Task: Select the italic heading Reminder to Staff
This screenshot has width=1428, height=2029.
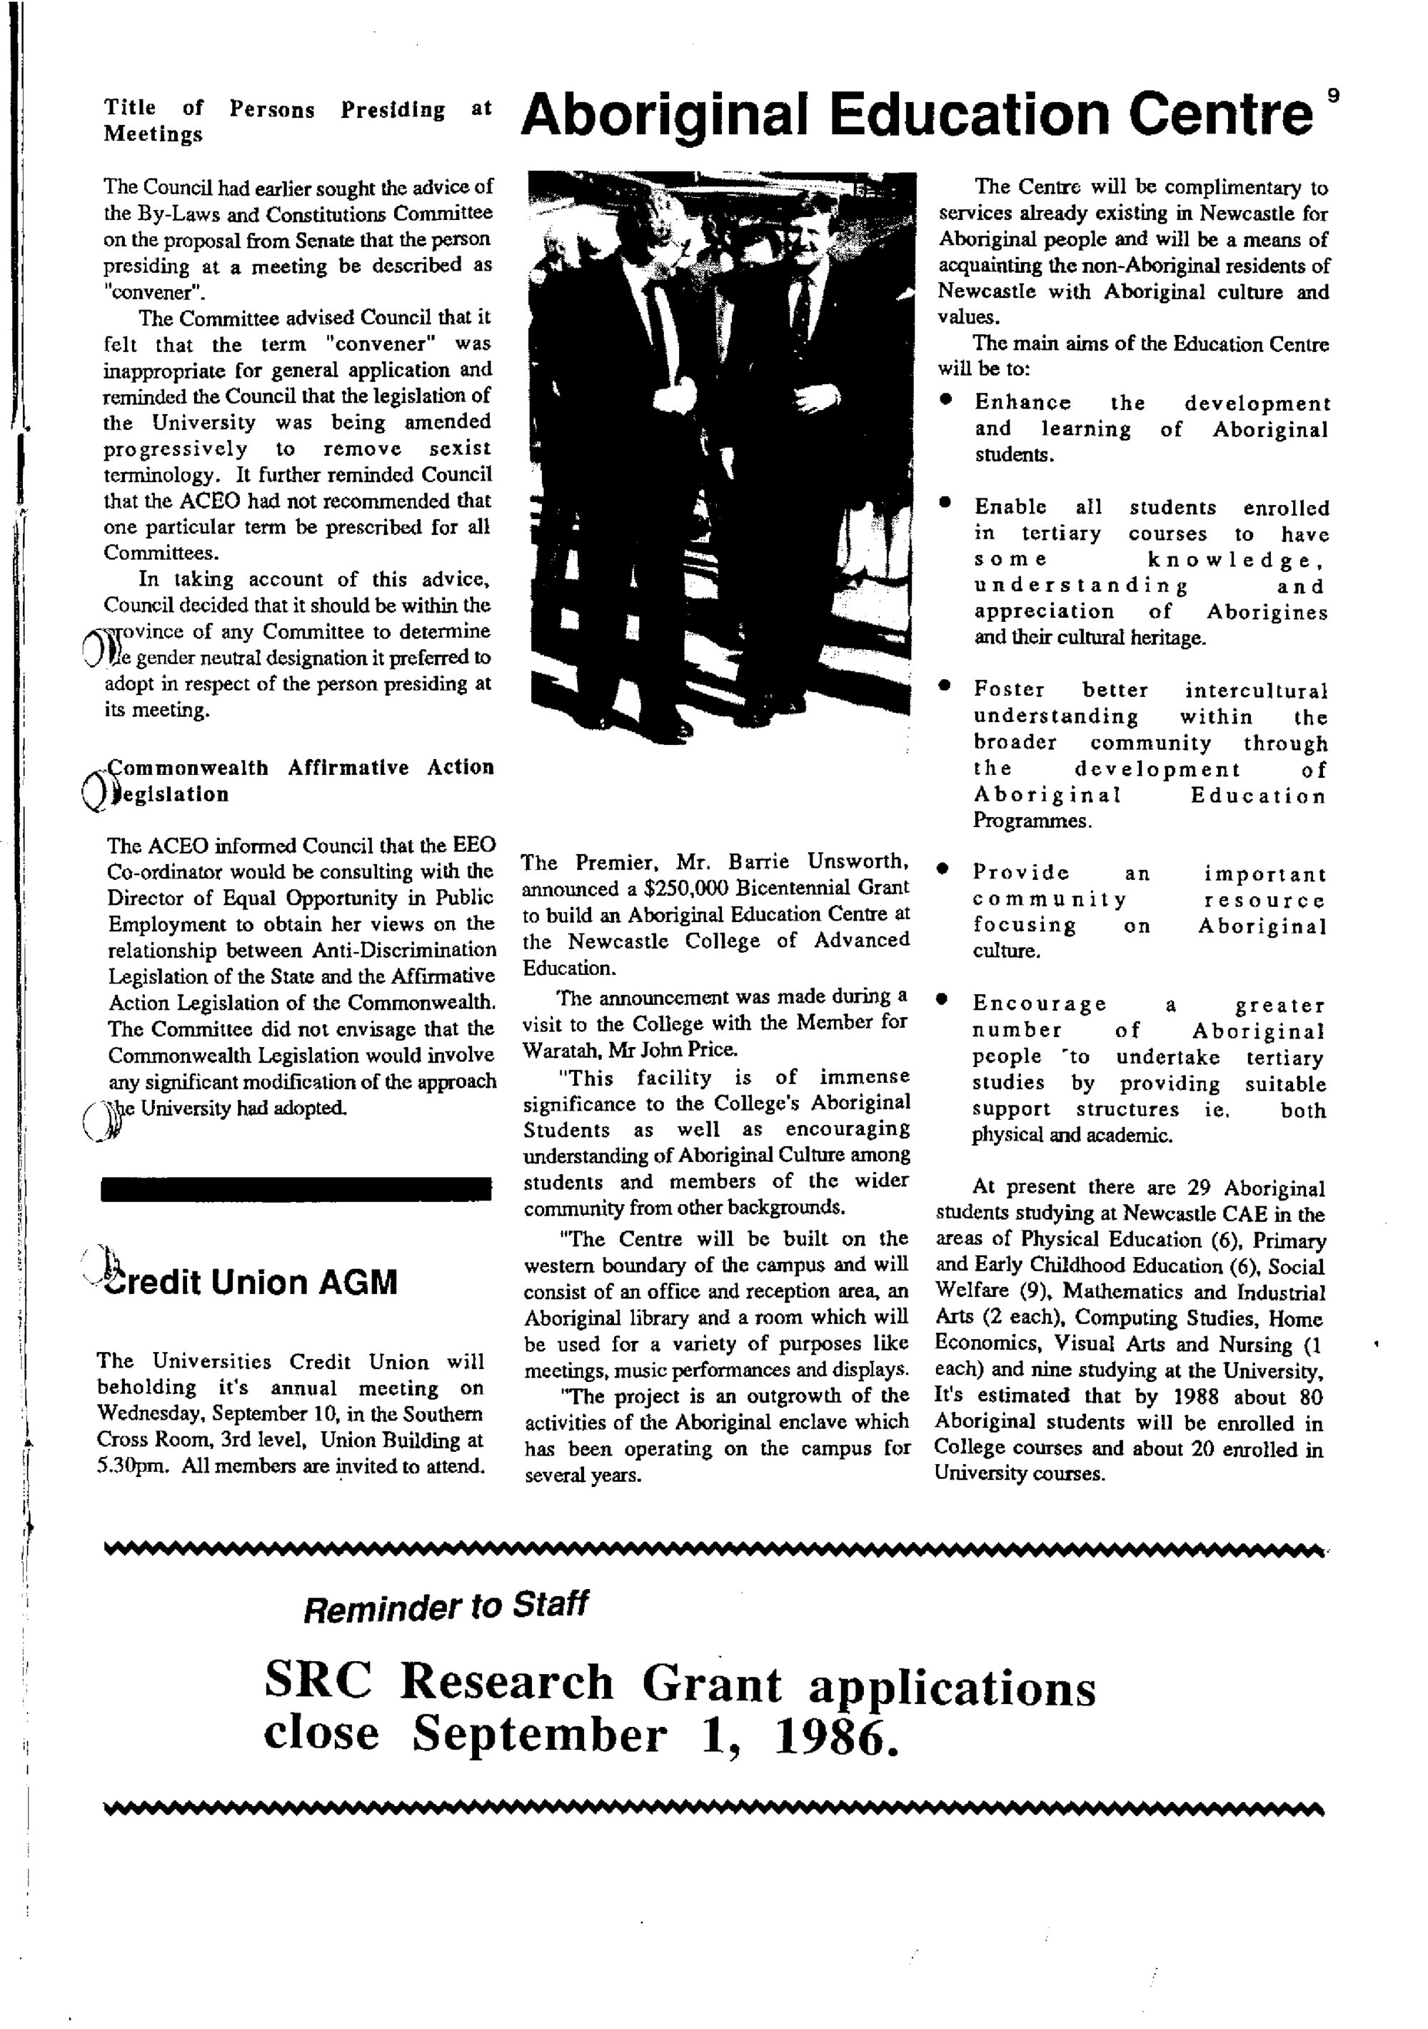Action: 446,1605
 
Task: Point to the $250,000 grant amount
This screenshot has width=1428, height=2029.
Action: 678,888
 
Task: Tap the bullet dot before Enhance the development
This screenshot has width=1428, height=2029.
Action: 945,401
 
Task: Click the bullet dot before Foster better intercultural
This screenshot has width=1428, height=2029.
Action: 945,686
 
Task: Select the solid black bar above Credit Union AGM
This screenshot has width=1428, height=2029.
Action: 296,1188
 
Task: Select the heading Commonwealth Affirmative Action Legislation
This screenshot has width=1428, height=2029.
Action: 298,781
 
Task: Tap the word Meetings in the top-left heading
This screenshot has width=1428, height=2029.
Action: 153,134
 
